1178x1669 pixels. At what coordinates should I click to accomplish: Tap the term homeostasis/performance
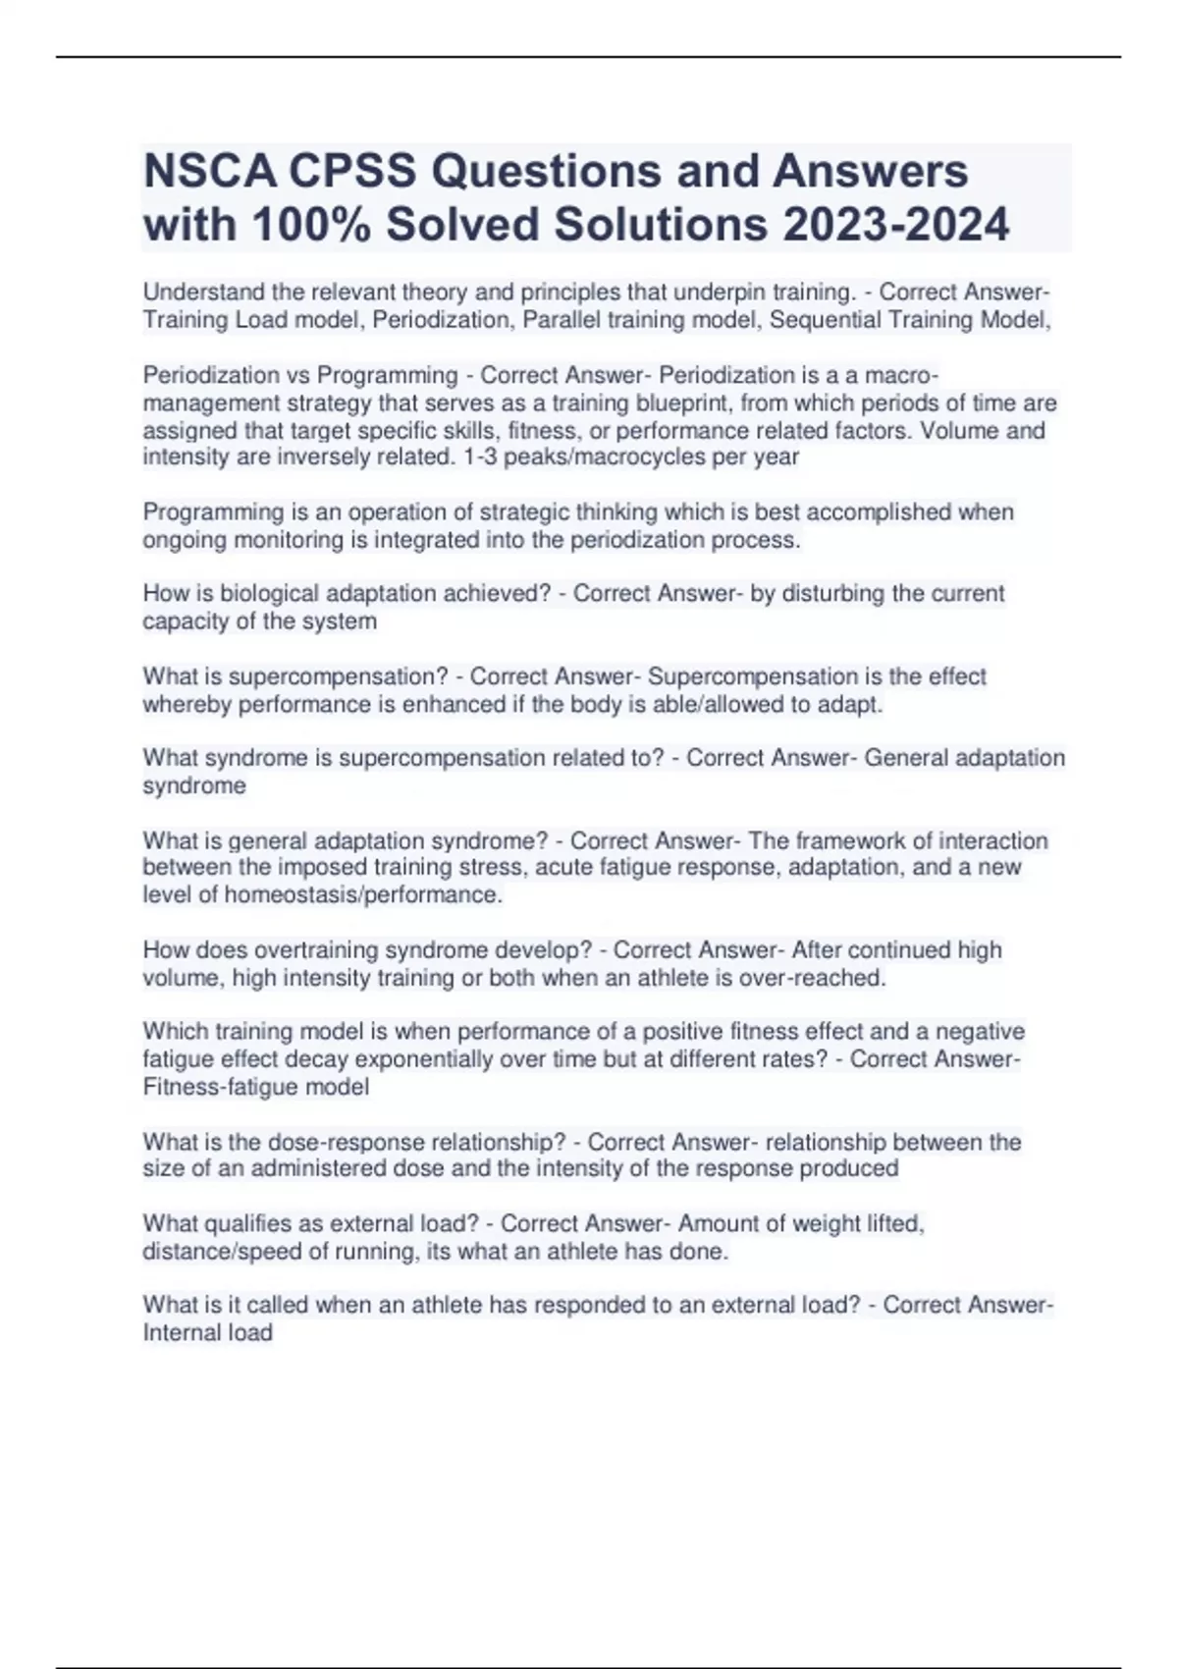(x=363, y=895)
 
